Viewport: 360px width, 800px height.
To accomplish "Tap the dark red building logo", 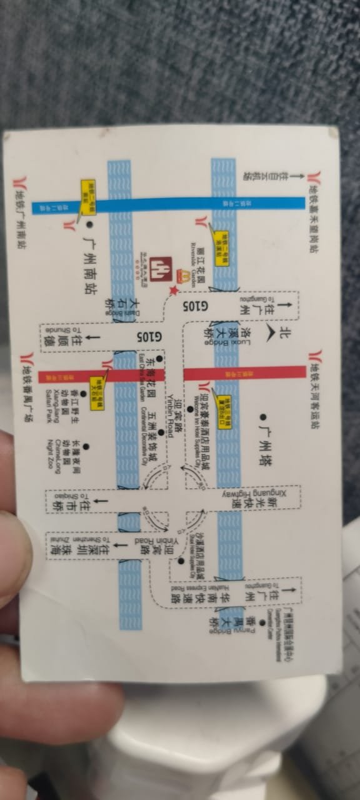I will point(159,269).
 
